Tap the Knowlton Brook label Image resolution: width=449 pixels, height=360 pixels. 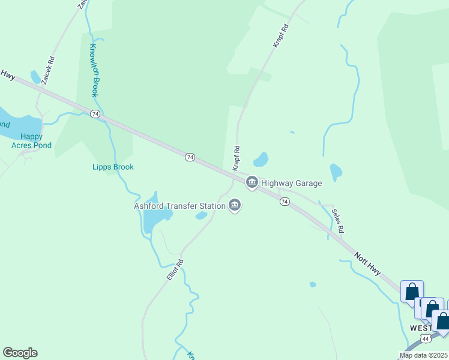[x=94, y=70]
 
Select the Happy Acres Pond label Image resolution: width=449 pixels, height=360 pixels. [x=31, y=141]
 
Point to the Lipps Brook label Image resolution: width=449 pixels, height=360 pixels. [x=113, y=167]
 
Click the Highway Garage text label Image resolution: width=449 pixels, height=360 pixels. [x=292, y=183]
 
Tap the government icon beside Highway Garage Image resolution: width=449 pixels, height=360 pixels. [x=252, y=182]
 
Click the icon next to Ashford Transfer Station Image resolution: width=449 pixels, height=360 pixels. [x=235, y=206]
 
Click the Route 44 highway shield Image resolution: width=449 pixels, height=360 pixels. [x=426, y=339]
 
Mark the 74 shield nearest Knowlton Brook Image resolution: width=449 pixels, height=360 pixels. [x=95, y=113]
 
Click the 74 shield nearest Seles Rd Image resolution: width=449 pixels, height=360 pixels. [x=285, y=202]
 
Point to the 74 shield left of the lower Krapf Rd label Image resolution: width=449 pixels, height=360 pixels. [x=190, y=157]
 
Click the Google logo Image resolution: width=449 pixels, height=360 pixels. [x=20, y=353]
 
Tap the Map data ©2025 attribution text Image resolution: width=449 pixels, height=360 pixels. [x=423, y=355]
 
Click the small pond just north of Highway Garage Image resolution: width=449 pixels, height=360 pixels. [x=261, y=160]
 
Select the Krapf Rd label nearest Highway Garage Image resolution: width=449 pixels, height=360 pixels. [x=237, y=157]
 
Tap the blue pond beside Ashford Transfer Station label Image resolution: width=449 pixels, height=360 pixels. [x=202, y=215]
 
